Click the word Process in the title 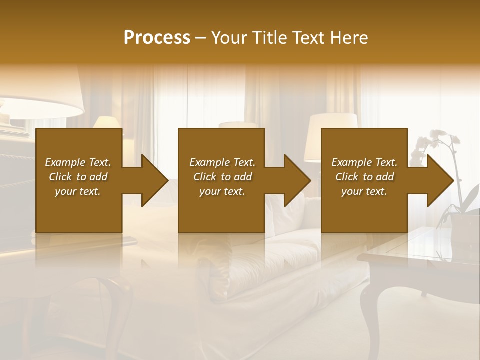[157, 37]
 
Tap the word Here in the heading [349, 37]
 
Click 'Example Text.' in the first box [78, 162]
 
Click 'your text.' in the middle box [222, 191]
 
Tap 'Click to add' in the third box [364, 177]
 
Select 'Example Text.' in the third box [364, 162]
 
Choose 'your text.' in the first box [78, 191]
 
